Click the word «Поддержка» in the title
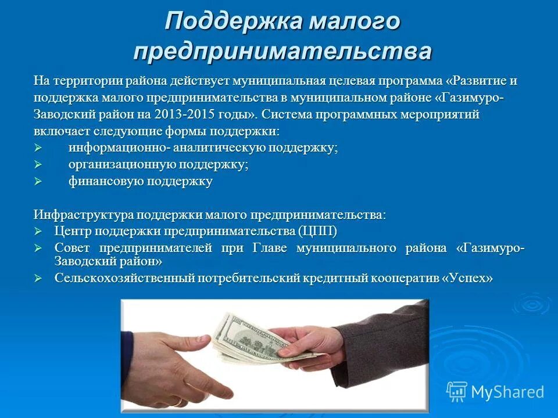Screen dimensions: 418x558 [233, 22]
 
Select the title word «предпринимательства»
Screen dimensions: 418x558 [282, 51]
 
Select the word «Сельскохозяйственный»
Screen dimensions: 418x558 [124, 278]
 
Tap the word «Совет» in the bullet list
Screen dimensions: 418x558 [73, 248]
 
